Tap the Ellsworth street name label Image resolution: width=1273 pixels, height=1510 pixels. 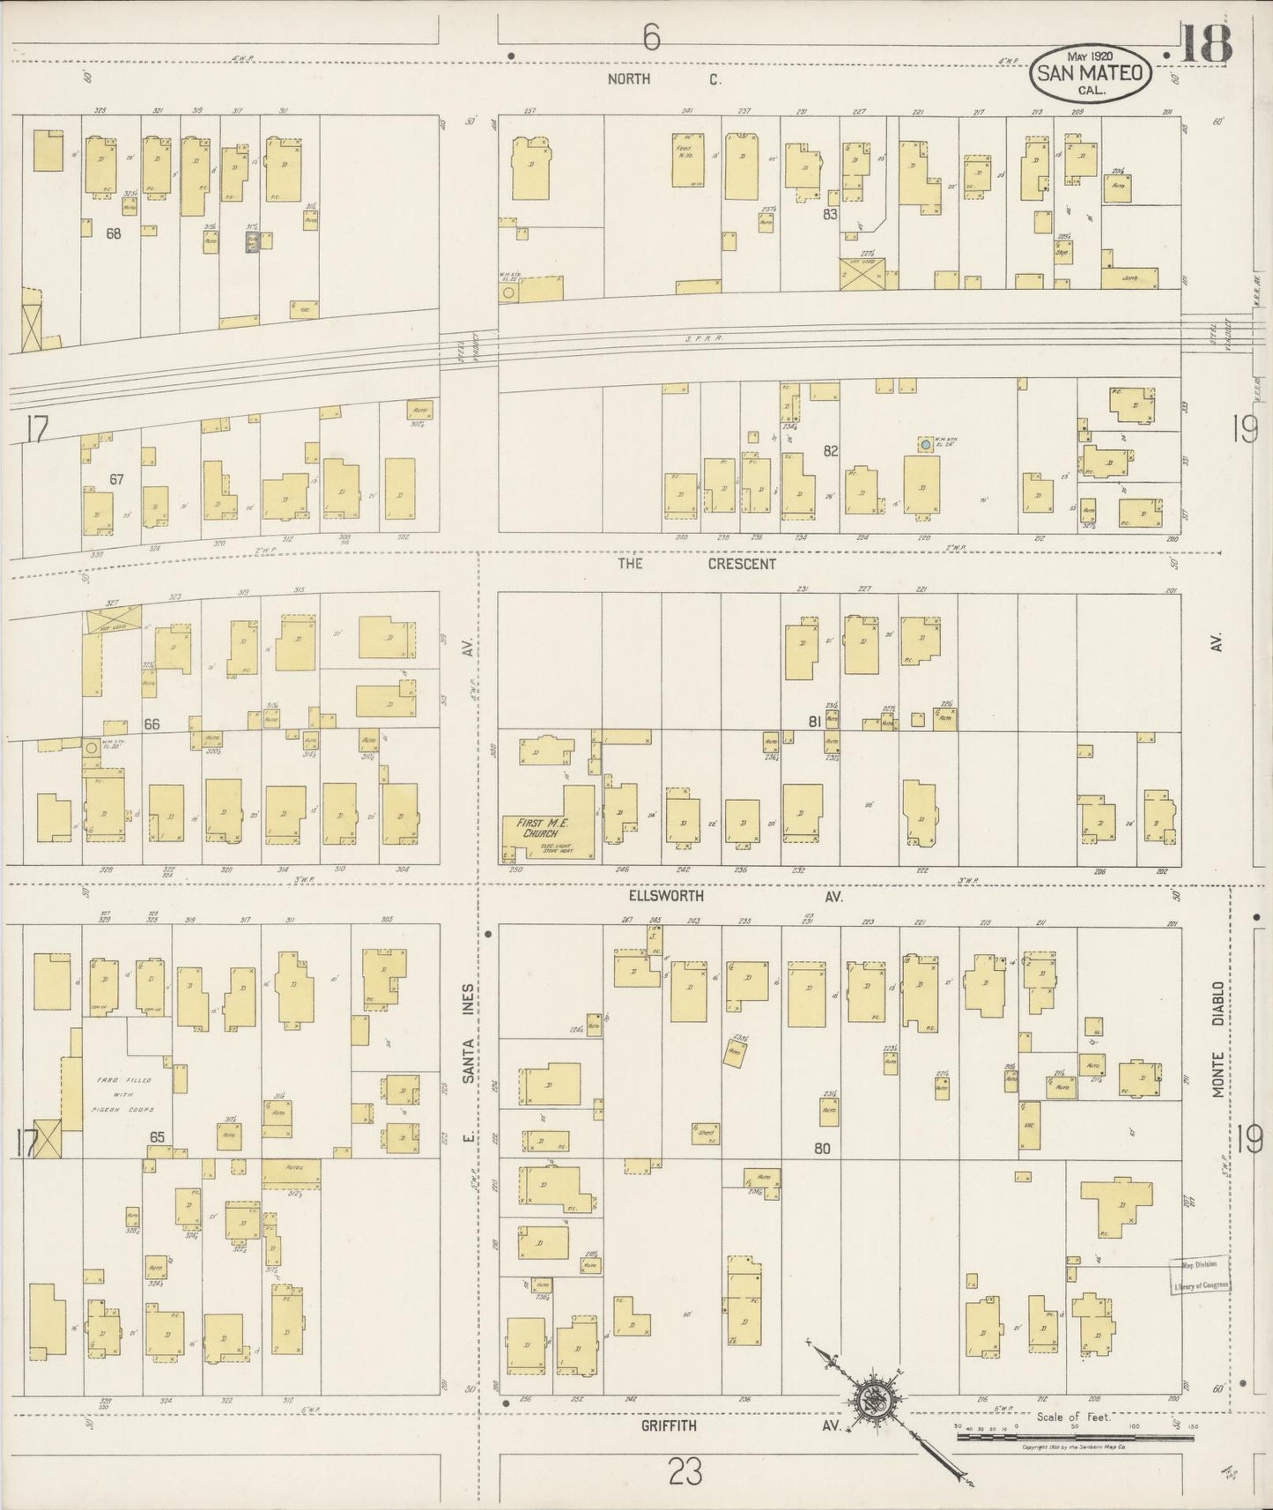pyautogui.click(x=666, y=896)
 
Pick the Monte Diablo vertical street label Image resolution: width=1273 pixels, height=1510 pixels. pyautogui.click(x=1218, y=1040)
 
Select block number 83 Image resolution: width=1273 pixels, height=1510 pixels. pyautogui.click(x=829, y=214)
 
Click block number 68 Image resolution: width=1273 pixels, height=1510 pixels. pyautogui.click(x=113, y=233)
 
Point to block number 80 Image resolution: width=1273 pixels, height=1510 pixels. pyautogui.click(x=822, y=1149)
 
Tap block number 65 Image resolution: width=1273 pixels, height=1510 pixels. pyautogui.click(x=157, y=1137)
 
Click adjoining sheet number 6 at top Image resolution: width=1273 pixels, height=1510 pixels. pyautogui.click(x=650, y=38)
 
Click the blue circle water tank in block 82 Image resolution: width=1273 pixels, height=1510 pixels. pyautogui.click(x=925, y=446)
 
